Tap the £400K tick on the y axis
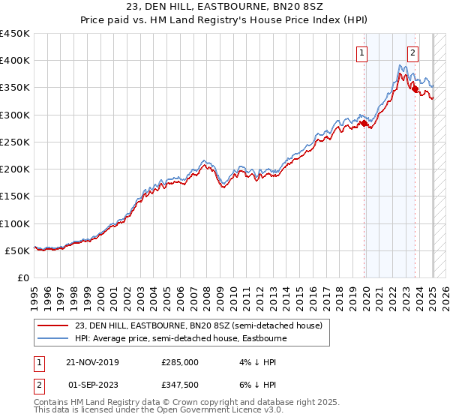(15, 61)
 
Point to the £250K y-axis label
(15, 142)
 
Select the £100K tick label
(15, 223)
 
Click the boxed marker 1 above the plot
(362, 52)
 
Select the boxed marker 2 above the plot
(412, 52)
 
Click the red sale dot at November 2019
(364, 124)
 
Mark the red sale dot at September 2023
(415, 89)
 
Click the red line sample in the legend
(52, 325)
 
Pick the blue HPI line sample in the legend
(52, 338)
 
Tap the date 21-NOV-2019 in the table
(92, 361)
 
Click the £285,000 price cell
(180, 361)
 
